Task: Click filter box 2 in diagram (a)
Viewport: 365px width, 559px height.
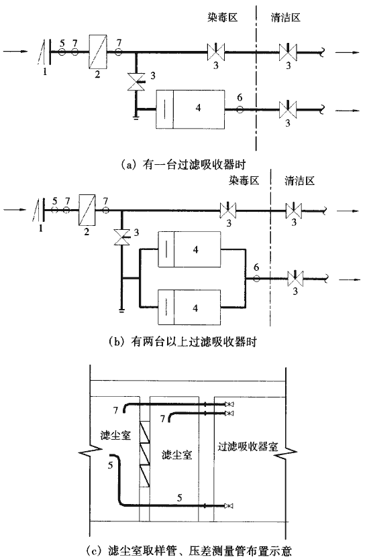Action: (98, 52)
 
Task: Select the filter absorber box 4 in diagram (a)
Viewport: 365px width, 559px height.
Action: (191, 109)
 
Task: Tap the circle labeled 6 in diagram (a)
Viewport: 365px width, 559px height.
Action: (240, 109)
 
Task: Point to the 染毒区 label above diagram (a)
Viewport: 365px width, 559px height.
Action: (222, 17)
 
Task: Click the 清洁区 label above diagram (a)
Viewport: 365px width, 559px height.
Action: (285, 17)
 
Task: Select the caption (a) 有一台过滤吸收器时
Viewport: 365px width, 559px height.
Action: (183, 165)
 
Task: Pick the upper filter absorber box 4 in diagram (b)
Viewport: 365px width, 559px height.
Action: (190, 249)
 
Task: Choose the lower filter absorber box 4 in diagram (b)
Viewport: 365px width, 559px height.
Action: (190, 307)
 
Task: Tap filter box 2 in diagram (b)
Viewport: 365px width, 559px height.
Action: (87, 210)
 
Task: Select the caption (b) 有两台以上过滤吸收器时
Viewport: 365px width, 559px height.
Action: (182, 343)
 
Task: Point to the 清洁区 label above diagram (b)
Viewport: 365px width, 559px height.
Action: (300, 181)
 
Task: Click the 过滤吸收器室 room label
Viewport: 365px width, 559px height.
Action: (248, 446)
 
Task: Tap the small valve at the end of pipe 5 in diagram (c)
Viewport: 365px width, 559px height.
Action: (229, 506)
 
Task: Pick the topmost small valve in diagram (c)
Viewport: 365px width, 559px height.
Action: (229, 404)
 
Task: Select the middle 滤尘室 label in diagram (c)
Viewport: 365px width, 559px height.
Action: (177, 455)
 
